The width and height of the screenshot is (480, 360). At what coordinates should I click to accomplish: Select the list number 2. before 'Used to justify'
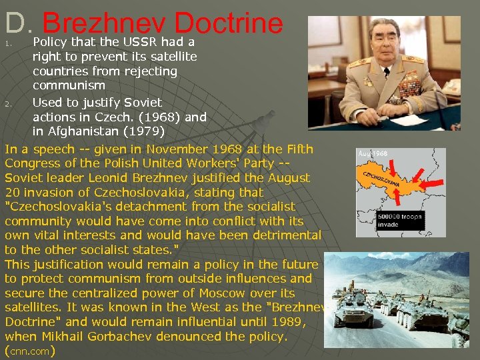click(8, 104)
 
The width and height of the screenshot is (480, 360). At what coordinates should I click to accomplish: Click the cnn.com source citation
click(29, 351)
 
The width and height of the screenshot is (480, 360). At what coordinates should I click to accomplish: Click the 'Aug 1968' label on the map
click(373, 153)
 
